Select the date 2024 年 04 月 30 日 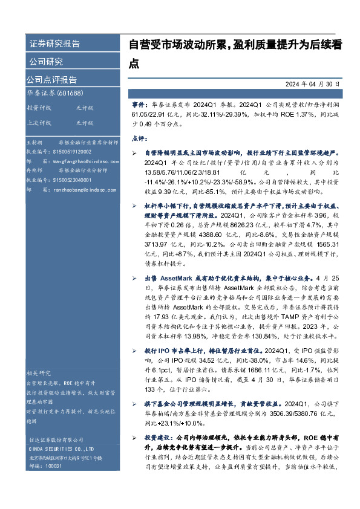tap(312, 85)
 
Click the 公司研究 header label tap(46, 62)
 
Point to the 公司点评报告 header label tap(51, 80)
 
